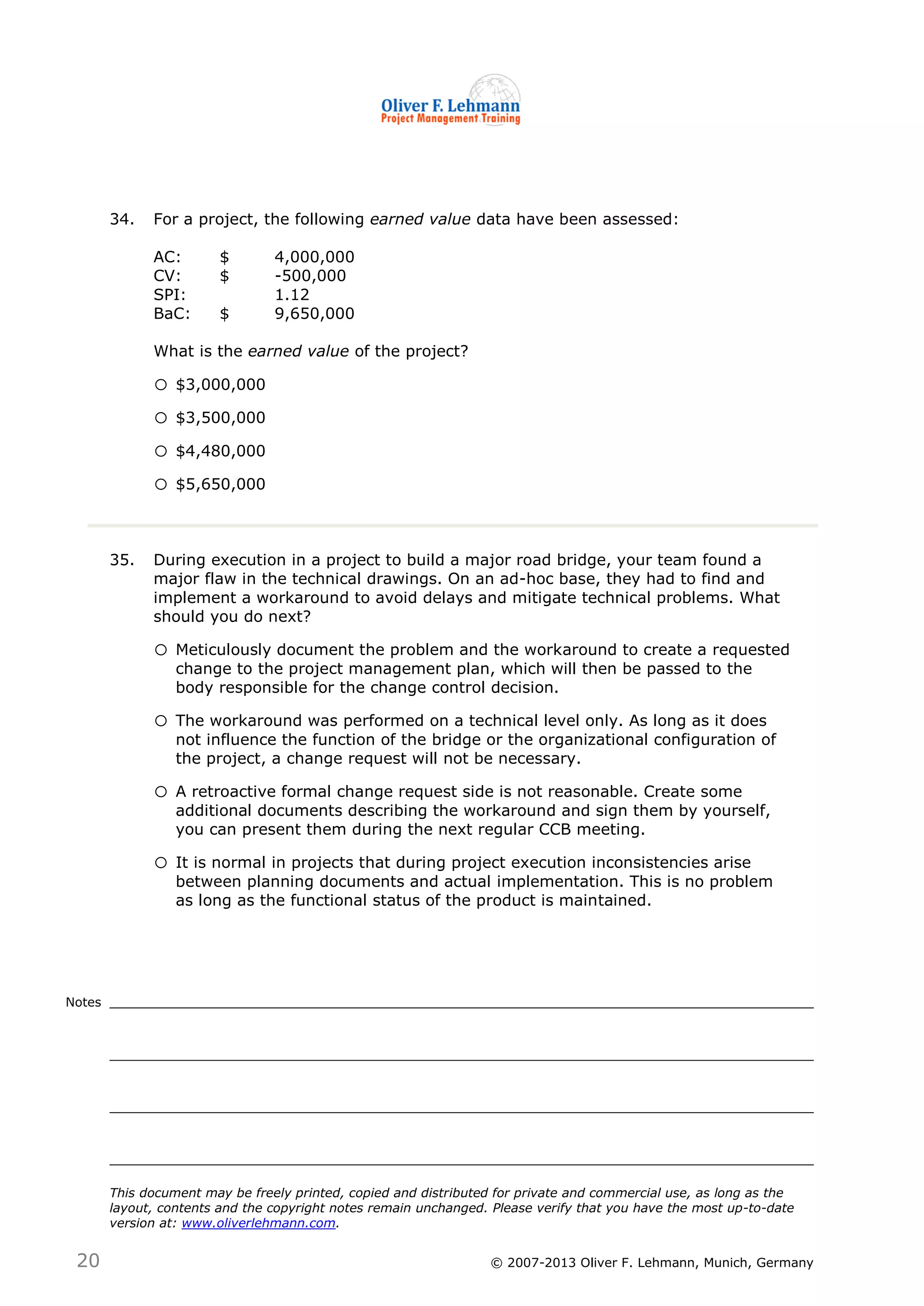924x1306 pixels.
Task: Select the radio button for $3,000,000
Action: [x=161, y=385]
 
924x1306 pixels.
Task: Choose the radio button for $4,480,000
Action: [x=161, y=451]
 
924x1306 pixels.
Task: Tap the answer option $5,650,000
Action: [x=220, y=484]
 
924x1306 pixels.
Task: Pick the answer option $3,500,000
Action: [x=220, y=418]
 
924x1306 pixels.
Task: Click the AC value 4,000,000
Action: [x=314, y=257]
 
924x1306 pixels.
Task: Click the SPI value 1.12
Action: [x=292, y=294]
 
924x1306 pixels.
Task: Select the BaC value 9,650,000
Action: [x=314, y=313]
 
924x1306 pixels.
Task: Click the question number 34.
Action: [x=122, y=220]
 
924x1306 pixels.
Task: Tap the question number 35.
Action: [x=122, y=560]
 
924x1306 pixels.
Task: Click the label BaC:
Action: [x=172, y=313]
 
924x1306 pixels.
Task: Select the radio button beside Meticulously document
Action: [x=161, y=650]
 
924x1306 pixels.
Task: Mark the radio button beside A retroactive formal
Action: [x=161, y=792]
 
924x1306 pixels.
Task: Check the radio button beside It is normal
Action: [x=161, y=863]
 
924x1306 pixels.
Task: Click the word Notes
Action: [x=83, y=1002]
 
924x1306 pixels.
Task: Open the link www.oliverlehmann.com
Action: [x=259, y=1223]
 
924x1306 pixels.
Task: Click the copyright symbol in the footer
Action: [x=496, y=1263]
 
